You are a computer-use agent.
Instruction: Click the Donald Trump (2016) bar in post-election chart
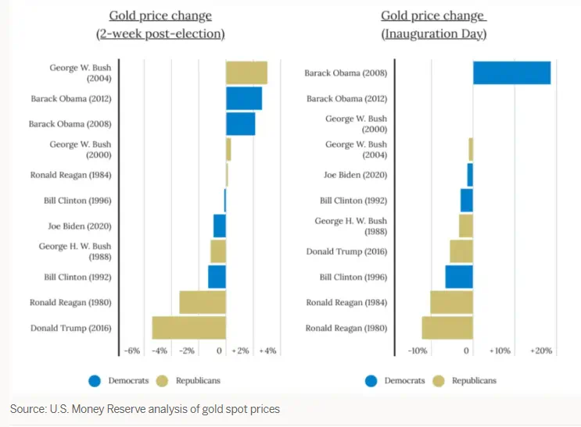pos(188,328)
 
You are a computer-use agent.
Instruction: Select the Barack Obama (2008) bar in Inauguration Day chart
pos(511,73)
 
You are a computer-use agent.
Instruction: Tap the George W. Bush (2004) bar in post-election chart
pos(246,73)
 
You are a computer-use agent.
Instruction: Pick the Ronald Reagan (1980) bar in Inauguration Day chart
pos(447,328)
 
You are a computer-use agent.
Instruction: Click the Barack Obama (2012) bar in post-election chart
pos(244,99)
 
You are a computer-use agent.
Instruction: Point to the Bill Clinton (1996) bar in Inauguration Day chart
pos(459,277)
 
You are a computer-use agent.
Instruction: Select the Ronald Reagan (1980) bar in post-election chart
pos(203,302)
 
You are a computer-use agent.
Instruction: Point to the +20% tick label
pos(541,351)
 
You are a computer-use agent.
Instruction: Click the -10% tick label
pos(417,351)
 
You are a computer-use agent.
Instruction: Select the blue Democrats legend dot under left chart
pos(95,381)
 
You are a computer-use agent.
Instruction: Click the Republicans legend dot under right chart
pos(438,381)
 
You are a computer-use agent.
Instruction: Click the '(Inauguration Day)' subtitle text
pos(434,34)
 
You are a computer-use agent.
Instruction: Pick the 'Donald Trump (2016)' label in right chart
pos(346,251)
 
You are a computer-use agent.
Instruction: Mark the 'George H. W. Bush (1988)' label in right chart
pos(350,226)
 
